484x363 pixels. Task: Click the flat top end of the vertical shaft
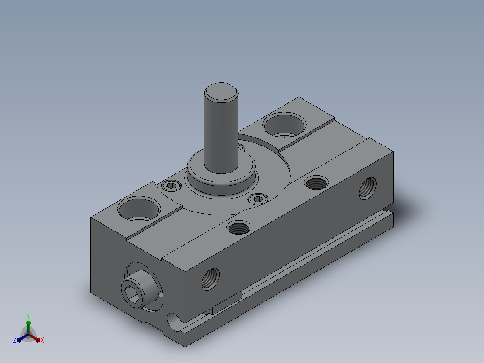pos(221,92)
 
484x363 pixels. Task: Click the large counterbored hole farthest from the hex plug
pos(284,125)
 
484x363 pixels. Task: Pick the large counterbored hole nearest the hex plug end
pos(139,209)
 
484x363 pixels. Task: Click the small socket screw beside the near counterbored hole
pos(172,186)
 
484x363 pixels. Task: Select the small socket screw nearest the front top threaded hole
pos(258,199)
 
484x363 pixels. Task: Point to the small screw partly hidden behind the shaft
pos(241,147)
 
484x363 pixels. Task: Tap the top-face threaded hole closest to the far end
pos(316,182)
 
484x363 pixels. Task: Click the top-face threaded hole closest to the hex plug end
pos(238,228)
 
